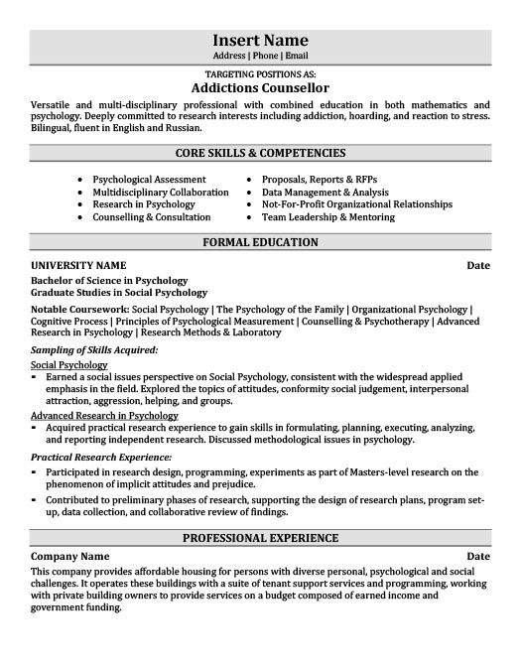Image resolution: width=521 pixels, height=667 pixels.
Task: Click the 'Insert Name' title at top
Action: (x=260, y=41)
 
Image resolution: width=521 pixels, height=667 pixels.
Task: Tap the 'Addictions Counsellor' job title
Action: (x=260, y=87)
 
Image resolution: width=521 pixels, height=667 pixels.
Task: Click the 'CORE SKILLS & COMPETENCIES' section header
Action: (x=260, y=153)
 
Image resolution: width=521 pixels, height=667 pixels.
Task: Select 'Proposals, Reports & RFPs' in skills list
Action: (x=320, y=180)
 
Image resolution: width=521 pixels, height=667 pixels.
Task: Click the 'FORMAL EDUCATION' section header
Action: (x=260, y=242)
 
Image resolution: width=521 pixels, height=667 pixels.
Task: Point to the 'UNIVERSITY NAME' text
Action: (x=78, y=266)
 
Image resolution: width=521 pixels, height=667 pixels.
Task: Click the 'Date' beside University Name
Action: (x=477, y=266)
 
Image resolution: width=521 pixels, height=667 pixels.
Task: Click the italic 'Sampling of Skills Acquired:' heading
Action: (x=94, y=349)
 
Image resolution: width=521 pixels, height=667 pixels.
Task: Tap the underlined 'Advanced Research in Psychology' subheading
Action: (x=104, y=415)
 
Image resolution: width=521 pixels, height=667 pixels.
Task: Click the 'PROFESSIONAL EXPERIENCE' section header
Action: (x=260, y=538)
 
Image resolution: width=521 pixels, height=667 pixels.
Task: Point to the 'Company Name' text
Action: (x=70, y=558)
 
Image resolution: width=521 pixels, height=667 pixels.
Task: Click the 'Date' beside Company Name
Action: (x=477, y=558)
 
